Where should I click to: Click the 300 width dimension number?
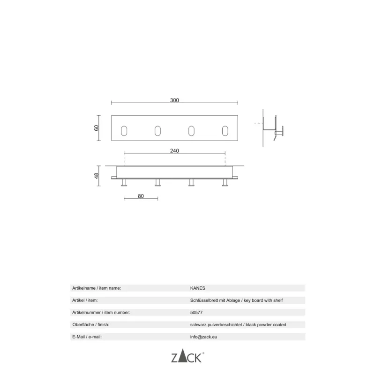(174, 100)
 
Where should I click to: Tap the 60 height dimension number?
(96, 128)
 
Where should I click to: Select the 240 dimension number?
(174, 150)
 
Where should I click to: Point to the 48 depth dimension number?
(96, 176)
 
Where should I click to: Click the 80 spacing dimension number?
(141, 196)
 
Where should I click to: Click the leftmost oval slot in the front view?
(124, 131)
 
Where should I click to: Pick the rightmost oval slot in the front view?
(225, 131)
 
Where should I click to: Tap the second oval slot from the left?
(157, 131)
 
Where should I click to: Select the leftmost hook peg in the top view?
(124, 182)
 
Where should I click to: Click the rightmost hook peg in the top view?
(225, 182)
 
